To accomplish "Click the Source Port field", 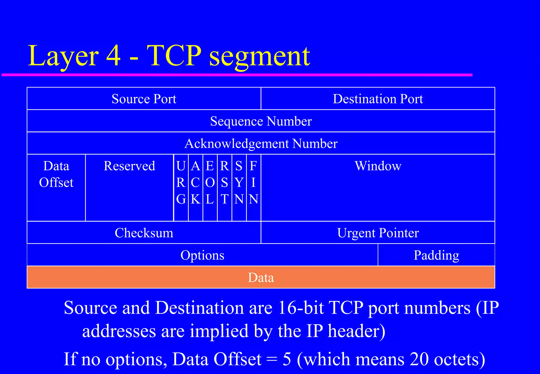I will click(144, 99).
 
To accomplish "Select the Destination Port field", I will click(378, 99).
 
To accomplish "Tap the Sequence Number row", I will click(261, 121).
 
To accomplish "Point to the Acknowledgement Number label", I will click(261, 143).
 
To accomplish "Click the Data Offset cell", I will click(56, 174).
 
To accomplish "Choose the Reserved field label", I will click(129, 166).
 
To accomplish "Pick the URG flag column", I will click(181, 182).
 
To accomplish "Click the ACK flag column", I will click(195, 182).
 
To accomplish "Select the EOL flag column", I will click(210, 182).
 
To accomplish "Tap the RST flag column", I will click(224, 182).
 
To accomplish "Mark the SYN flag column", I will click(239, 182).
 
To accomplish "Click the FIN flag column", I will click(253, 182).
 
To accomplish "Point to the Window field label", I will click(378, 166).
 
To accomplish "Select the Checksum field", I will click(144, 233).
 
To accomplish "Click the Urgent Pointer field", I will click(378, 233).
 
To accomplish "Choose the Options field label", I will click(202, 255).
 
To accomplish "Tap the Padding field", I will click(436, 255).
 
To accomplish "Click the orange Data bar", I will click(261, 277).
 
